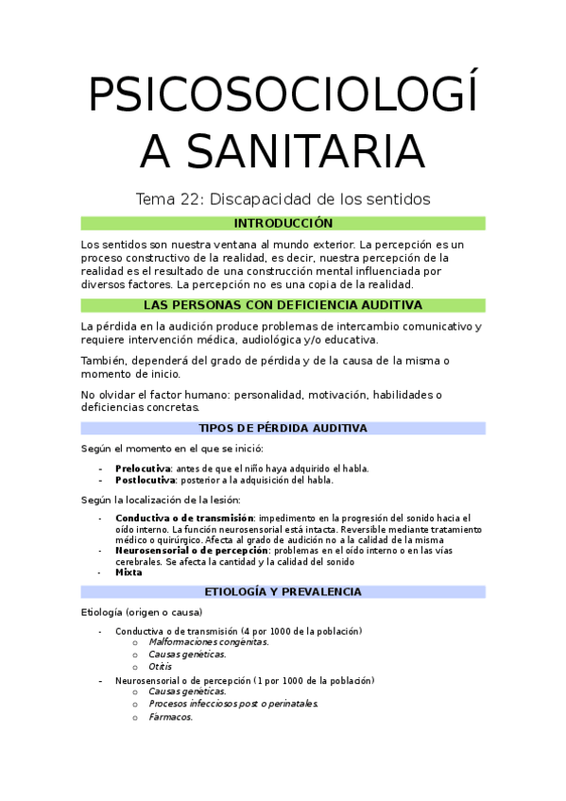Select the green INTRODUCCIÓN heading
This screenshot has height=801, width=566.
coord(283,223)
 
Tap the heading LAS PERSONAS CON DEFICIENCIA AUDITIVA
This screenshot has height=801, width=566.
coord(283,305)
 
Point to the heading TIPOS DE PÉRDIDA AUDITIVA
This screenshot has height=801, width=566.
coord(283,428)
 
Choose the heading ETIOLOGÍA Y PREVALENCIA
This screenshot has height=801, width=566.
coord(283,591)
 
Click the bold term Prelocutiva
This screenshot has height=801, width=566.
coord(143,468)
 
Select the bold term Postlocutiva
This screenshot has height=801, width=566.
coord(145,480)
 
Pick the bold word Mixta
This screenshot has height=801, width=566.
coord(129,571)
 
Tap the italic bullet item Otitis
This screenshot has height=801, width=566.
coord(160,665)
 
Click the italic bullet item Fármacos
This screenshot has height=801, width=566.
coord(170,717)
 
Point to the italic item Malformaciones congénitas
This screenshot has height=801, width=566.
coord(208,642)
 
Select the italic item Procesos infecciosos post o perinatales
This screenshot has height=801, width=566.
coord(233,704)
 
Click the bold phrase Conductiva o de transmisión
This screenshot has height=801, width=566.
coord(184,518)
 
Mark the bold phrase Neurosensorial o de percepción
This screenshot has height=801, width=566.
coord(192,550)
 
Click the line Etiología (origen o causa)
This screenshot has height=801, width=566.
coord(142,612)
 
